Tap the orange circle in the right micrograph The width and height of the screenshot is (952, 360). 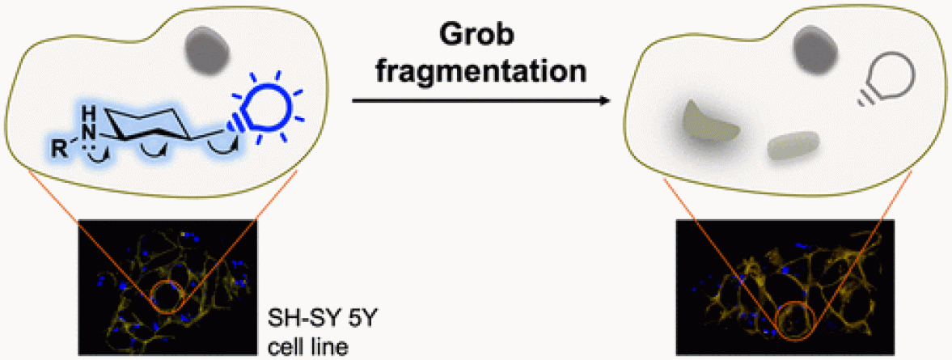(788, 320)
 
